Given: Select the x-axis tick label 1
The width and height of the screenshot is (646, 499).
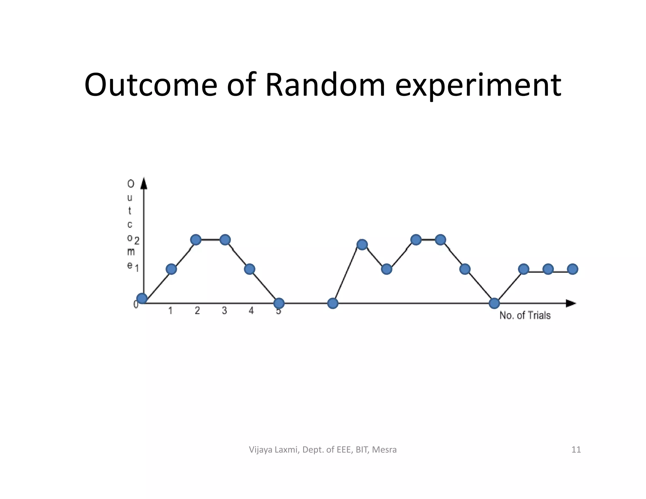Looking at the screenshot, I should pyautogui.click(x=170, y=311).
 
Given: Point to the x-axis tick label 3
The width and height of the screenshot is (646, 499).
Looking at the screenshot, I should pyautogui.click(x=224, y=311).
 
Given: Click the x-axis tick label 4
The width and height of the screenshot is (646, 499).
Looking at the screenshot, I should pyautogui.click(x=251, y=311).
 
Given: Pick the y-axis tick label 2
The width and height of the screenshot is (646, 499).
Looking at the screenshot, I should pyautogui.click(x=137, y=241).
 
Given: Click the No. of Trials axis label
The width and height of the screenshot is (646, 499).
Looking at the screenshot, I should pyautogui.click(x=525, y=315).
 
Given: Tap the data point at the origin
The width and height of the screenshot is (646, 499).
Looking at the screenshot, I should pyautogui.click(x=142, y=298).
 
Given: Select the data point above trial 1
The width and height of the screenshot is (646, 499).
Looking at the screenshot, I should pyautogui.click(x=171, y=269).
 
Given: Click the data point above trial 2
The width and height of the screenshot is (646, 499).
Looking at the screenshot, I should pyautogui.click(x=196, y=240).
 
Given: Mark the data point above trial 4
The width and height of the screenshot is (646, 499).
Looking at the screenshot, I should pyautogui.click(x=250, y=269).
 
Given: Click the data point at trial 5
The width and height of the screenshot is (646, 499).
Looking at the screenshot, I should pyautogui.click(x=279, y=303).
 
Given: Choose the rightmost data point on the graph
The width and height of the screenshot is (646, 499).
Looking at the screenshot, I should pyautogui.click(x=573, y=269).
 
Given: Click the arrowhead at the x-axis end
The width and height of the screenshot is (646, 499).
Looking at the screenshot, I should pyautogui.click(x=571, y=303).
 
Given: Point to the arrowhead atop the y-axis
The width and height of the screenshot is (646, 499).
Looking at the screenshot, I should pyautogui.click(x=144, y=184).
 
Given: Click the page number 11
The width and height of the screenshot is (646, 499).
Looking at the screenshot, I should pyautogui.click(x=576, y=449).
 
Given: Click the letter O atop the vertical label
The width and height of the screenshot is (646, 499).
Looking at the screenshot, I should pyautogui.click(x=131, y=184).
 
